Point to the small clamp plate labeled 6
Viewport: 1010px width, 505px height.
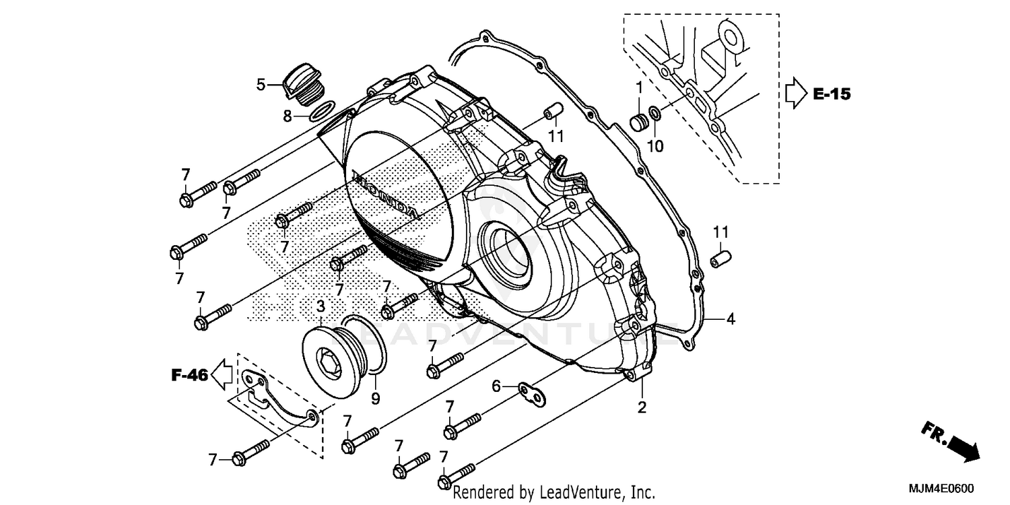coord(533,393)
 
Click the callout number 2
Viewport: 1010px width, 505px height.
coord(642,407)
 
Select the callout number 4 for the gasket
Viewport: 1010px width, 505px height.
coord(730,320)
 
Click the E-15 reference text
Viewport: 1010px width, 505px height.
coord(831,94)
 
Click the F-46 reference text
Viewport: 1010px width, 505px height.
coord(189,376)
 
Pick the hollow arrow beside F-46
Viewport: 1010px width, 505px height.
coord(221,375)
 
